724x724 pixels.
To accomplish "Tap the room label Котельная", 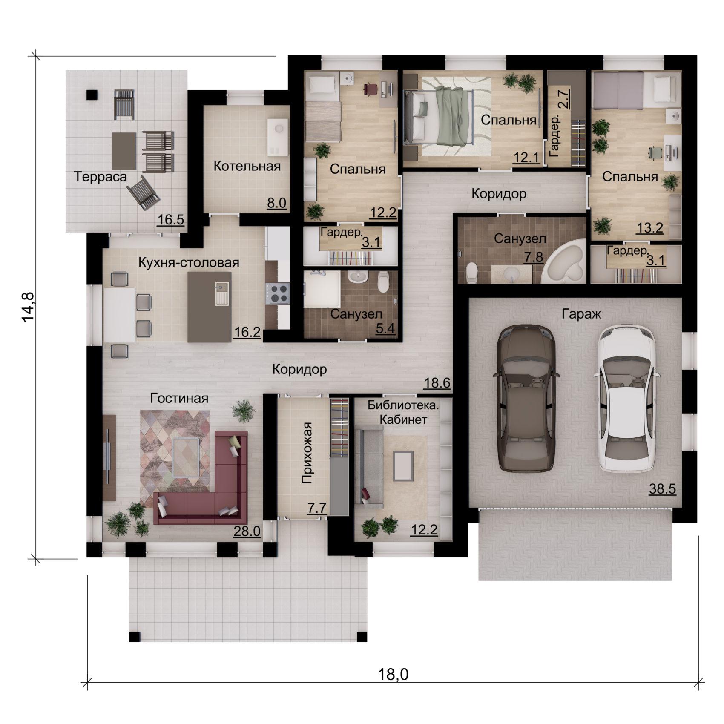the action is click(247, 166).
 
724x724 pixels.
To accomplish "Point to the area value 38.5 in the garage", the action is click(662, 489).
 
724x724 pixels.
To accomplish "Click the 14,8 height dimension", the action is click(29, 307).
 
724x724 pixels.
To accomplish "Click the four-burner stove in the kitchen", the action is click(278, 293).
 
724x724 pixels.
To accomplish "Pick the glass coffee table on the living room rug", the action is click(186, 457).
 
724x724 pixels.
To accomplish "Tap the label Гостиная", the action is click(179, 398).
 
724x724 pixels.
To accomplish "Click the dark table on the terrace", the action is click(124, 151).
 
